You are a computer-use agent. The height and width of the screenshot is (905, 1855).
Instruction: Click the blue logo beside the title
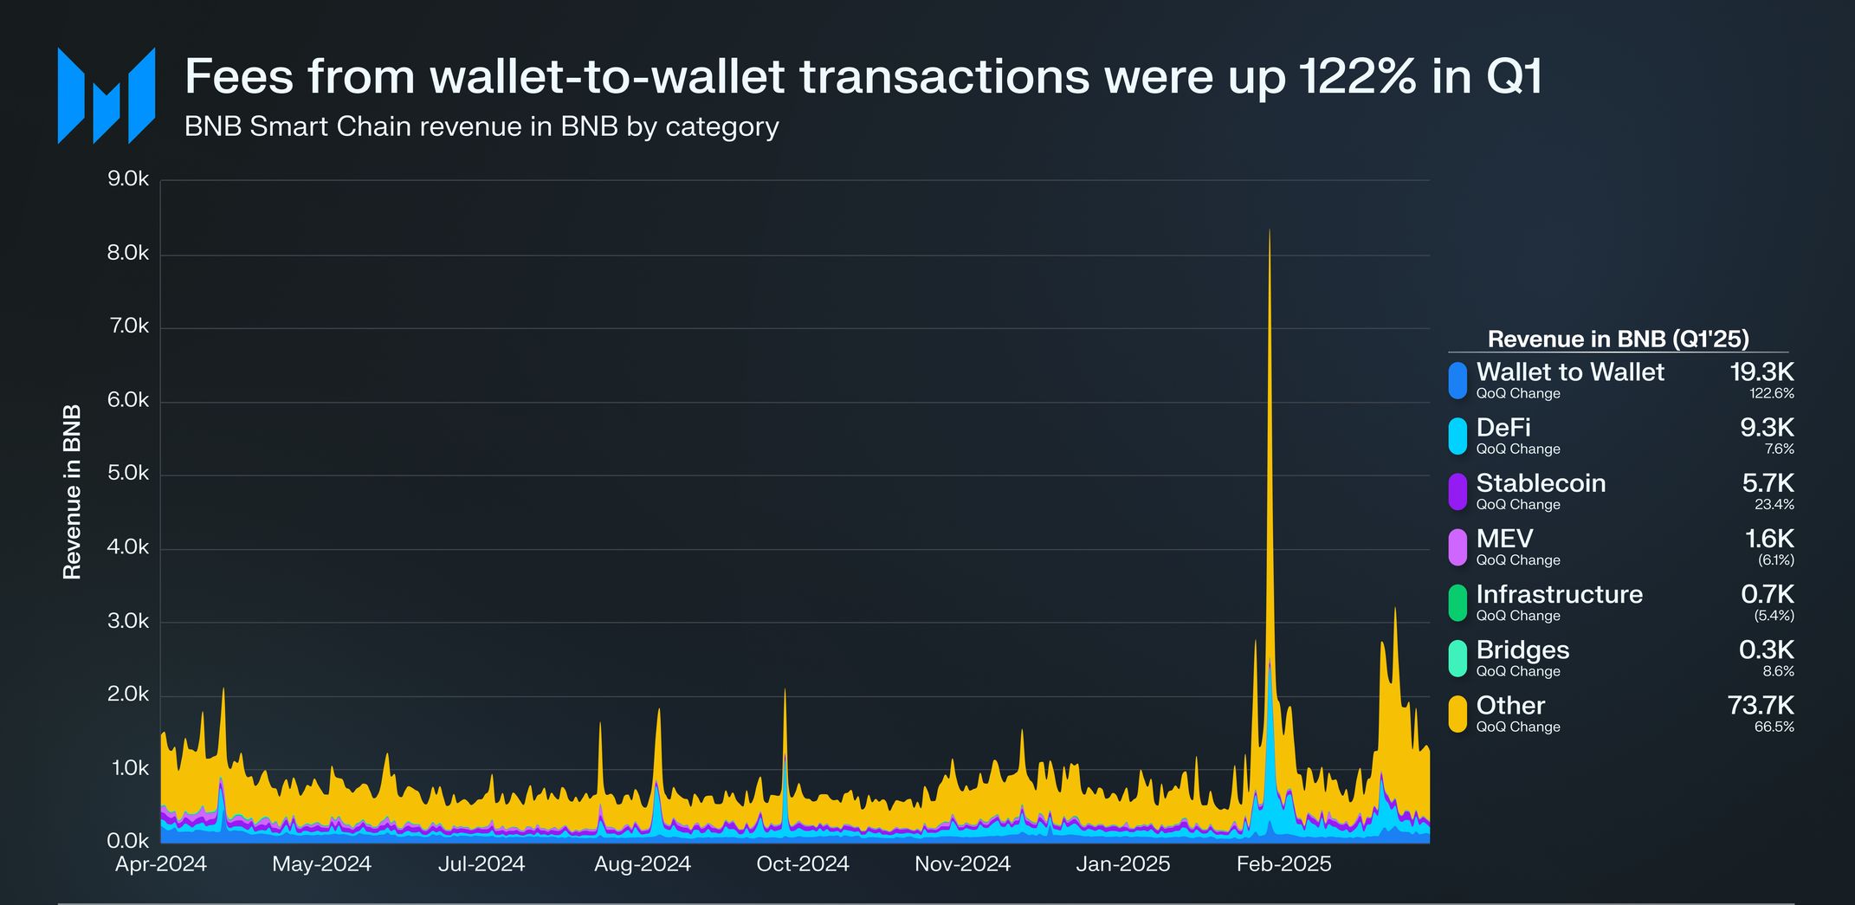[x=106, y=95]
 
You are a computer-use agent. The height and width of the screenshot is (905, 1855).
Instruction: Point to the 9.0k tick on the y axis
[x=128, y=179]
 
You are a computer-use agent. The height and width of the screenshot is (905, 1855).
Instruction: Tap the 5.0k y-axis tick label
[x=128, y=474]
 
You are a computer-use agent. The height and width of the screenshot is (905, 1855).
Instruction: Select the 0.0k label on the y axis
[x=128, y=841]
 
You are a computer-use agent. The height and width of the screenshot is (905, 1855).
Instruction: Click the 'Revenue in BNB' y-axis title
[x=72, y=491]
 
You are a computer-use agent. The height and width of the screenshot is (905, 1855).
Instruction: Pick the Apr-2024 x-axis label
[x=161, y=864]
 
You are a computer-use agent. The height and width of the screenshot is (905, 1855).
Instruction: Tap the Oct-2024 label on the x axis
[x=802, y=864]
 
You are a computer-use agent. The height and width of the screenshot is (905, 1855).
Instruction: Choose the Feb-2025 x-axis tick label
[x=1283, y=864]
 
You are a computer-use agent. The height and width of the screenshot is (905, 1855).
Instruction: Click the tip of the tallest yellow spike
[x=1270, y=231]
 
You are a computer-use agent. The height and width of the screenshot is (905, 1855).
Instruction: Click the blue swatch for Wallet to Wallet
[x=1457, y=380]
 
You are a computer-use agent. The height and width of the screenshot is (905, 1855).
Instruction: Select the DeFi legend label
[x=1503, y=428]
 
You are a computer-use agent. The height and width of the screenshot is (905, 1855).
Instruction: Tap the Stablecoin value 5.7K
[x=1768, y=483]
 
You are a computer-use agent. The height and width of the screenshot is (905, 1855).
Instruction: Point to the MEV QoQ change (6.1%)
[x=1775, y=560]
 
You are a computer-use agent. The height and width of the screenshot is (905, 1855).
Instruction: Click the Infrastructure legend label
[x=1559, y=594]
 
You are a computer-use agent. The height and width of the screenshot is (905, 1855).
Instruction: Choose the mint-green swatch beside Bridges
[x=1457, y=658]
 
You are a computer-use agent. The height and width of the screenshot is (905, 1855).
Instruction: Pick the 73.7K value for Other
[x=1761, y=706]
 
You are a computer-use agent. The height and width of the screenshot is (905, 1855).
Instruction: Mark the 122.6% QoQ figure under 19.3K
[x=1771, y=393]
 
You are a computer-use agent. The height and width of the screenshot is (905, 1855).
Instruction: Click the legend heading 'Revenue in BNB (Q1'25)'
[x=1618, y=339]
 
